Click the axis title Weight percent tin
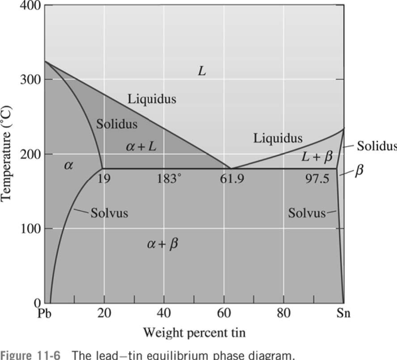(x=194, y=333)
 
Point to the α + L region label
(x=141, y=147)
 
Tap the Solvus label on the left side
(x=109, y=213)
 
